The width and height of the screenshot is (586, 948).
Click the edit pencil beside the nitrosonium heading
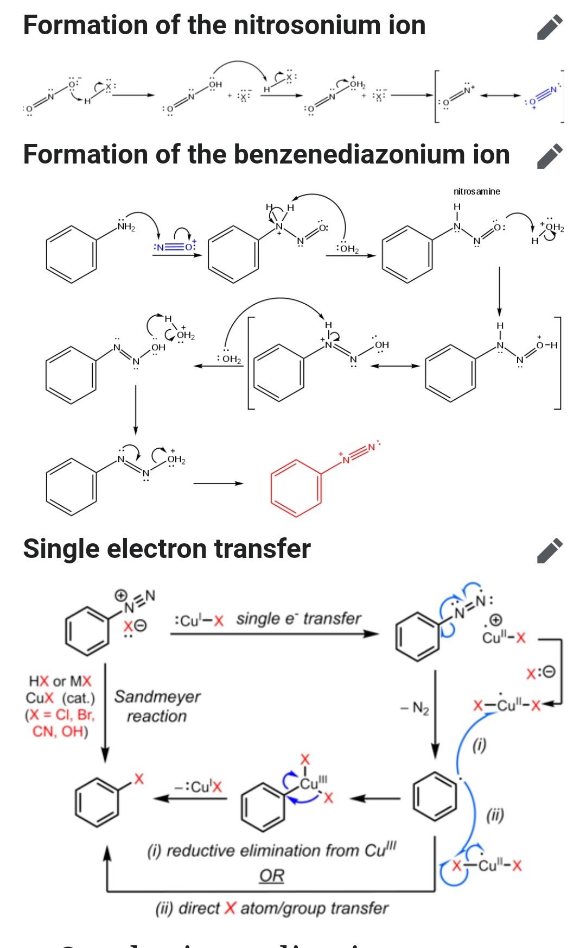550,28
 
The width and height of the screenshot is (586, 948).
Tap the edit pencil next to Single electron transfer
550,551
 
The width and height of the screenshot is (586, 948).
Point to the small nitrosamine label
477,191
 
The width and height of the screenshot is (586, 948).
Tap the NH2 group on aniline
127,226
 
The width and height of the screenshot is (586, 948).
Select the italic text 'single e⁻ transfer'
298,619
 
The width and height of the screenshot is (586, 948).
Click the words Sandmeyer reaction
157,706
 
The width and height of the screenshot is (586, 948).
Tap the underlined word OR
272,876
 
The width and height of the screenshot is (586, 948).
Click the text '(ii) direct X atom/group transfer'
272,908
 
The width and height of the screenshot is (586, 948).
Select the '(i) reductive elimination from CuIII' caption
272,850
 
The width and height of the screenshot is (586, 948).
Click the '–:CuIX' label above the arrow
198,786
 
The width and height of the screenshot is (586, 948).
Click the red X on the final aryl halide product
139,780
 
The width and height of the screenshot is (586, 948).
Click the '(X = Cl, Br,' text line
60,714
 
